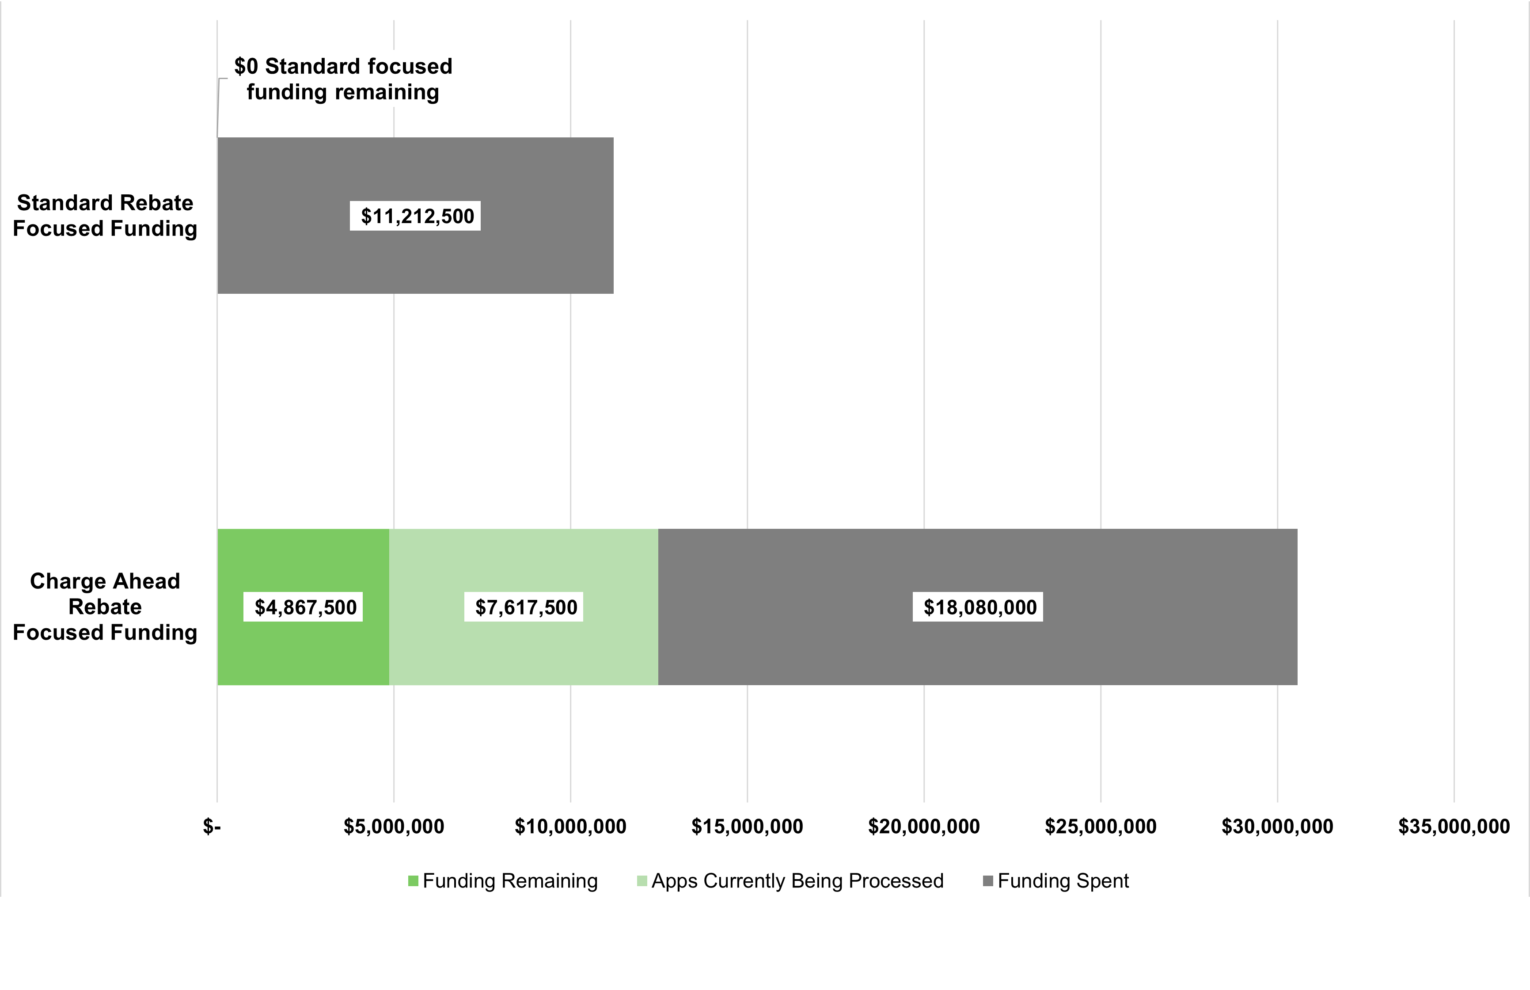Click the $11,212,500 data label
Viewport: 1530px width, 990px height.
415,216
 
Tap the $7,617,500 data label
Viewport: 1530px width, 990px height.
524,607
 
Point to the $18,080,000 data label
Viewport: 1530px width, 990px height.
978,607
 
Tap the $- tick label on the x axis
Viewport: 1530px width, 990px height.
212,826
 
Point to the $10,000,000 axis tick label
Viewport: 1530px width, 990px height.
570,826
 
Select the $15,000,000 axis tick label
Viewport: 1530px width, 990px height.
747,826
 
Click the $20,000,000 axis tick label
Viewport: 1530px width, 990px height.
924,826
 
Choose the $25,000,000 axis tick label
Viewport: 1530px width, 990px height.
1101,826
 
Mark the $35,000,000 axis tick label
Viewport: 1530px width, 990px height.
1454,826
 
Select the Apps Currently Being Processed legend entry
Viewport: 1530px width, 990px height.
791,881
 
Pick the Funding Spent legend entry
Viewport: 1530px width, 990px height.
1056,881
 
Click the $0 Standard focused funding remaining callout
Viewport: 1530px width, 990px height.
343,79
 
